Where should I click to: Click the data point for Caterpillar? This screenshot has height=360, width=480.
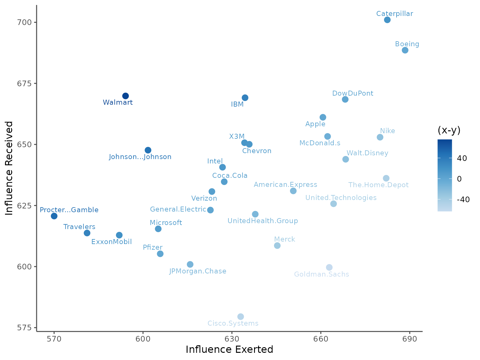(387, 20)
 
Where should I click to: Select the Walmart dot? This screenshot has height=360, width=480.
(126, 96)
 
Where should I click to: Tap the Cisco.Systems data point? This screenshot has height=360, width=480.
(241, 317)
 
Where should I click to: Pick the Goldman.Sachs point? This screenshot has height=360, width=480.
(329, 267)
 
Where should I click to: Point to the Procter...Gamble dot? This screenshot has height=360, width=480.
(54, 216)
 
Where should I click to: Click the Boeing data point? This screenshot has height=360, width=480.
(405, 50)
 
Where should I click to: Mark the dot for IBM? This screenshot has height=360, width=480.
(245, 98)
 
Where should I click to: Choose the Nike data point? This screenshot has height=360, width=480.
(380, 137)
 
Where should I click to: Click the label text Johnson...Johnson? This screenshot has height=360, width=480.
(140, 157)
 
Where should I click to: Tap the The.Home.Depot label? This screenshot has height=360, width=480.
(378, 185)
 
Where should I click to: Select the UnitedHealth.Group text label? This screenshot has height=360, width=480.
(262, 221)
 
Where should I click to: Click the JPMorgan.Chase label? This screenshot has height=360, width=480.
(198, 271)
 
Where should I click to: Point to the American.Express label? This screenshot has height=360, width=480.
(285, 185)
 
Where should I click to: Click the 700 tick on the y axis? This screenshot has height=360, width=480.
(25, 22)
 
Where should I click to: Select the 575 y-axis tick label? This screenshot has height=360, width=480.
(25, 328)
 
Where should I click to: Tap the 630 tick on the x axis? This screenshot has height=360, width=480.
(232, 339)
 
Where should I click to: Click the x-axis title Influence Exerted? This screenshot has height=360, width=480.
(229, 349)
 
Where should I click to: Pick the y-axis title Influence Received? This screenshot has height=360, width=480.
(9, 168)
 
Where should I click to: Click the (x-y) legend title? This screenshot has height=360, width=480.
(449, 130)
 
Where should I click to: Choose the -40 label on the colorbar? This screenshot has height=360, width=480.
(463, 200)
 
